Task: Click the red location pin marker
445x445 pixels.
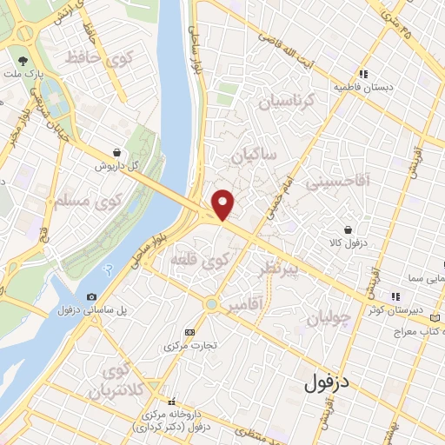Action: [x=223, y=203]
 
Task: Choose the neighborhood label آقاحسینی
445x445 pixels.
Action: [x=358, y=180]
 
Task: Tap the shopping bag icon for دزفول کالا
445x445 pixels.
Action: [x=349, y=231]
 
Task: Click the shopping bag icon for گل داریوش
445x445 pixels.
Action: [x=116, y=151]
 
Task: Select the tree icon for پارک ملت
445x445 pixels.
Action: [x=23, y=60]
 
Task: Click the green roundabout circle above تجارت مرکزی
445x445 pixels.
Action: [x=211, y=304]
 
